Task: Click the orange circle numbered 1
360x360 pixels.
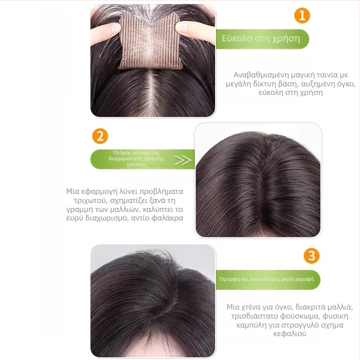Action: [x=302, y=16]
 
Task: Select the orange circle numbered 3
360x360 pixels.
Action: [x=311, y=256]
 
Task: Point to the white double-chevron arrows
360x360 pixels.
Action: [x=182, y=160]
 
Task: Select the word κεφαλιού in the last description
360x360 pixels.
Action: [x=288, y=334]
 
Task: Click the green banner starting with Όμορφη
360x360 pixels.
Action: [x=267, y=279]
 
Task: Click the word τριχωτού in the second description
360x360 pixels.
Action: [x=82, y=201]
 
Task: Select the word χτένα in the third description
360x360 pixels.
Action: [x=253, y=307]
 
